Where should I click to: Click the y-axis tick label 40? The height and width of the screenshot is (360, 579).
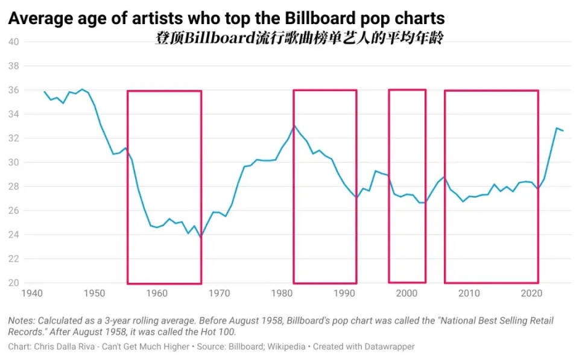coord(14,42)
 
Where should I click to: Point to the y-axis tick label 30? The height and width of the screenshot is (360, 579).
coord(14,163)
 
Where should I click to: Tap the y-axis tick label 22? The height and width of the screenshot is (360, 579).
coord(14,259)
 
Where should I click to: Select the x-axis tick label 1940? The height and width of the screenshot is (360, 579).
coord(31,294)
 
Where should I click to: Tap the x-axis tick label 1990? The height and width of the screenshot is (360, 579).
coord(344,294)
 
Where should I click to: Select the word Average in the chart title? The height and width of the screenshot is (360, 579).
coord(37,19)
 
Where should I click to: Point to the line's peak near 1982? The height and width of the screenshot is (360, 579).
coord(294,126)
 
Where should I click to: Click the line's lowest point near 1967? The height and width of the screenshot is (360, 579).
coord(200,237)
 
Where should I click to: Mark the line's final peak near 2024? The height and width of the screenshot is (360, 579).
coord(557,128)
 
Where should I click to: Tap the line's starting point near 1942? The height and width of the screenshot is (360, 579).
coord(44,92)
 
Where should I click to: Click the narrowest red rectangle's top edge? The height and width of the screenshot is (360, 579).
coord(407,90)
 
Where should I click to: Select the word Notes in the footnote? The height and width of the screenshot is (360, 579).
coord(22,320)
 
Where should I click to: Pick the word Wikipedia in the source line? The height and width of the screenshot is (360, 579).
coord(312,347)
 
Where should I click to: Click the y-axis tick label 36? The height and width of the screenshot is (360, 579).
coord(14,90)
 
